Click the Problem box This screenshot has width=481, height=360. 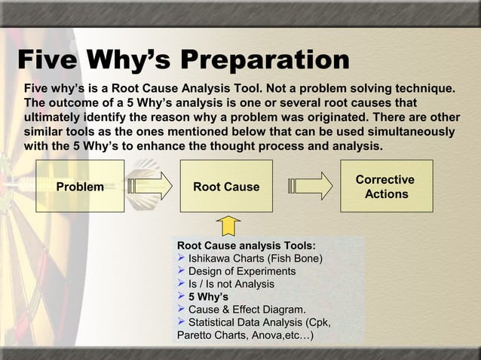(x=81, y=186)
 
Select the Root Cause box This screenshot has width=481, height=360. (x=226, y=186)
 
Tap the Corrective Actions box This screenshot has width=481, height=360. (x=385, y=186)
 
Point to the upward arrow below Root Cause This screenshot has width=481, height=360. (x=228, y=225)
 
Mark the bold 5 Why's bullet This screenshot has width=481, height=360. (x=208, y=297)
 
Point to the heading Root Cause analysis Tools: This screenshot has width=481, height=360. (x=246, y=246)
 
